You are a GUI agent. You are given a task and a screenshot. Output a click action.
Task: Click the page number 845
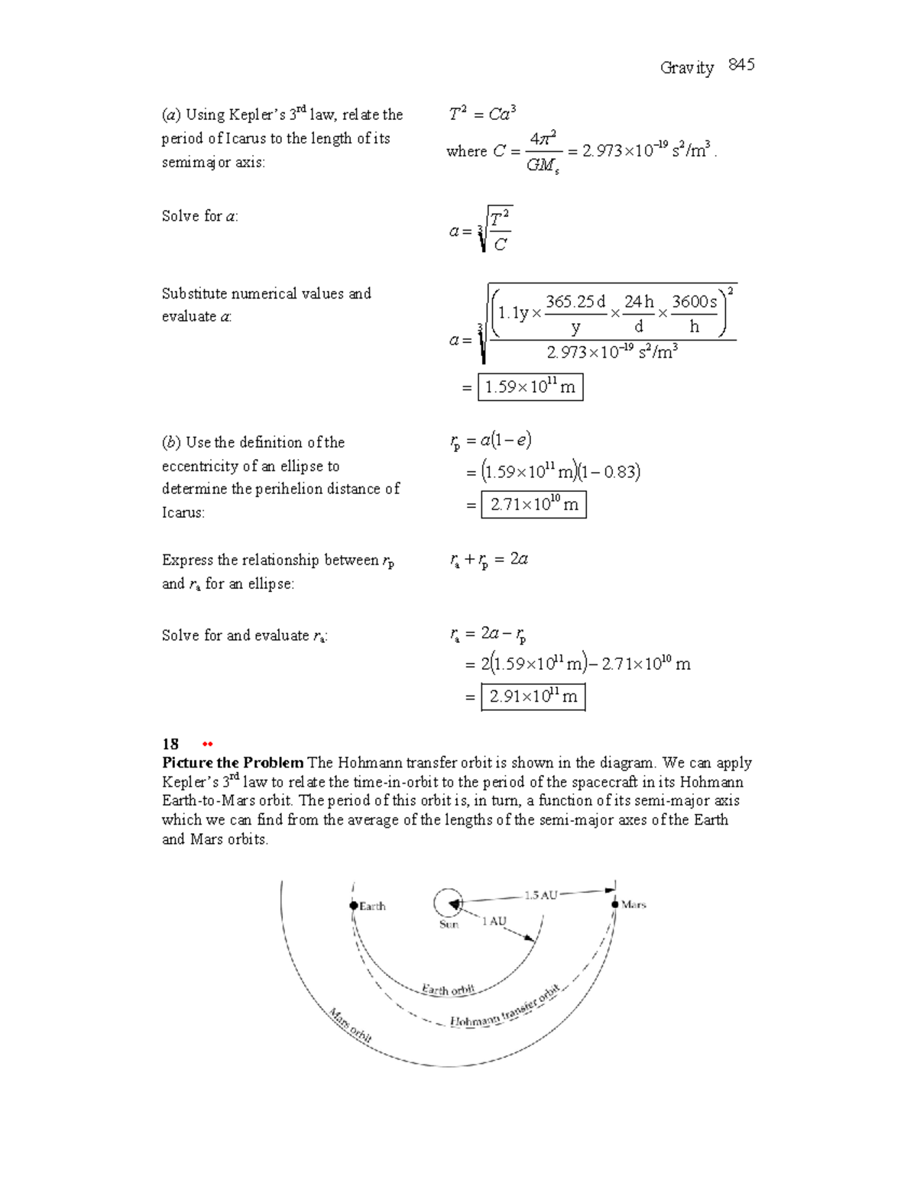(741, 66)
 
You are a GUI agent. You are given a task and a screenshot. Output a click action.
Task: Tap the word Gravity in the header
(686, 68)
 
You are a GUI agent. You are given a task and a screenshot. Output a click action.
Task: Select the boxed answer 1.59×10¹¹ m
(530, 387)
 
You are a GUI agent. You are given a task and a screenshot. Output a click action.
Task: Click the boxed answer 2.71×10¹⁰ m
(533, 505)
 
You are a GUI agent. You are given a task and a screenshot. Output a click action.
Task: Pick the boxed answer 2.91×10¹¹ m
(533, 696)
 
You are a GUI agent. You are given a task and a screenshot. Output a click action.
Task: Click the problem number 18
(170, 744)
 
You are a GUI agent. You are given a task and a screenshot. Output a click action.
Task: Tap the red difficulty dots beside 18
(206, 745)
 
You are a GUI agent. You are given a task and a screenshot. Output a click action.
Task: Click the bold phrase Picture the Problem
(232, 763)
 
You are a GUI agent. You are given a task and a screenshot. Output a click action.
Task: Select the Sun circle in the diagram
(448, 903)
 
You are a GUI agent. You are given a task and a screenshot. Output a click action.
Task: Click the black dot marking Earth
(354, 906)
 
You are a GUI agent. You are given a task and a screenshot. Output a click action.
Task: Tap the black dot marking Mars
(614, 904)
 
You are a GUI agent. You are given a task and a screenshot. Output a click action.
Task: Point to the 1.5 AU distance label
(540, 895)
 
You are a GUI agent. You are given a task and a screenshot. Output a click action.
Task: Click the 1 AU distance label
(494, 921)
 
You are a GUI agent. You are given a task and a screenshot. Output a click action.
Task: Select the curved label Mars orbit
(350, 1026)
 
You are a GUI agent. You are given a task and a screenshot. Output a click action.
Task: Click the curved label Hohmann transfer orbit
(504, 1007)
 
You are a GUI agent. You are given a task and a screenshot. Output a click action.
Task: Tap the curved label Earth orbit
(448, 990)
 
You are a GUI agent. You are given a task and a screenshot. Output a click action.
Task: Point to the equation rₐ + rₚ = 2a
(489, 561)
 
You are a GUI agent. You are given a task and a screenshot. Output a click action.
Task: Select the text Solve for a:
(199, 216)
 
